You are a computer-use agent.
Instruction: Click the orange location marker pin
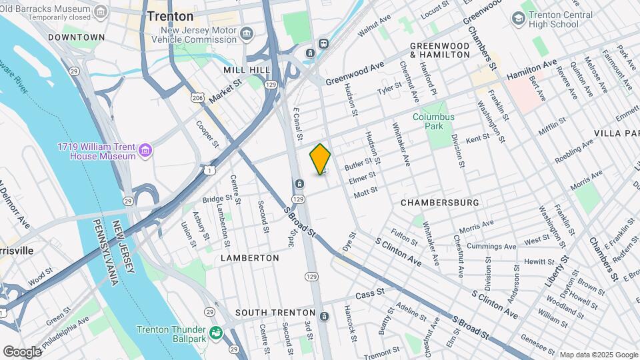click(320, 159)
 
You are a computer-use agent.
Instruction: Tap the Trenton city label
click(170, 16)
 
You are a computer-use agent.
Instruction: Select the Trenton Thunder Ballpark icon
click(215, 332)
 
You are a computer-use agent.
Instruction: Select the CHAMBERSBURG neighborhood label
click(440, 202)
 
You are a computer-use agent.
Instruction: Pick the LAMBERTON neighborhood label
click(249, 257)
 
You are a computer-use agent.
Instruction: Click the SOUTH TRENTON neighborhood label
click(275, 312)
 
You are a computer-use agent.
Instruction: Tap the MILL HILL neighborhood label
click(247, 69)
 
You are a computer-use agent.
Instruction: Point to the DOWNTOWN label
click(77, 37)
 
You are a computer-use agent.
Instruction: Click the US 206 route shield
click(198, 98)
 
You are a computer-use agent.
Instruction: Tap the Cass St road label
click(370, 293)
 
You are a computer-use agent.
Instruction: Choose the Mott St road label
click(366, 191)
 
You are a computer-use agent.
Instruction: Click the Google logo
click(22, 351)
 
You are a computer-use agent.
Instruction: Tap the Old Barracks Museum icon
click(101, 11)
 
